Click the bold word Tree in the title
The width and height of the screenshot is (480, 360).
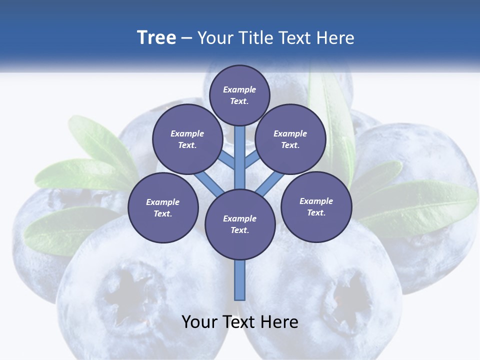coord(156,37)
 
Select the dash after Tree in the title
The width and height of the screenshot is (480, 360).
coord(186,38)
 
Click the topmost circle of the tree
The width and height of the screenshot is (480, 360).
coord(239,95)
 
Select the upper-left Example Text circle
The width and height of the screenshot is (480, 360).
coord(187,139)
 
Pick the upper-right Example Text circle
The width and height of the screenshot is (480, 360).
coord(290,139)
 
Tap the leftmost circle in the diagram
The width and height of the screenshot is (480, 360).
coord(163,207)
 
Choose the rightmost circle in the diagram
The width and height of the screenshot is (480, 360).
coord(316,206)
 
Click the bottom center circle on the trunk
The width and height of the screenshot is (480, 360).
coord(240,224)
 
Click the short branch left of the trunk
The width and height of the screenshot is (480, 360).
coord(227,159)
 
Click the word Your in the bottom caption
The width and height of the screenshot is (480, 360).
coord(199,321)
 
